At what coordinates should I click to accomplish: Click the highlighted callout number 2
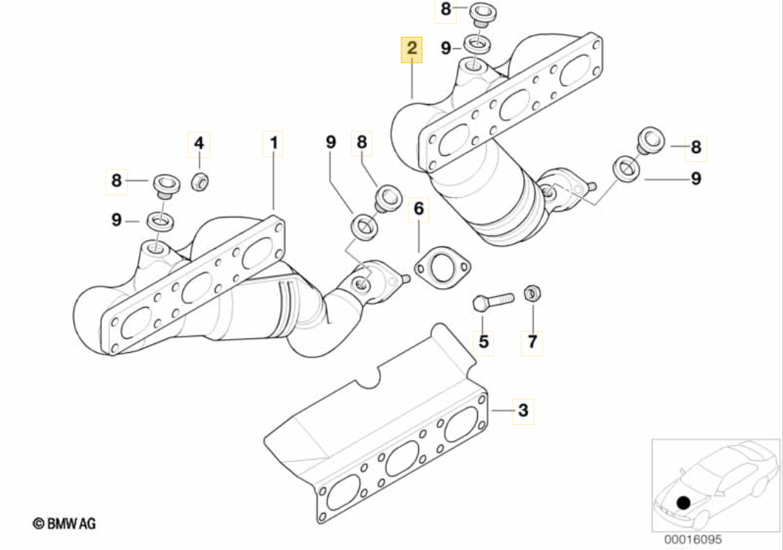pos(412,49)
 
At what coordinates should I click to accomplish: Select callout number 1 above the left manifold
pos(273,143)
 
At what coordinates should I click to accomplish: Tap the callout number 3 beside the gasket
pos(522,412)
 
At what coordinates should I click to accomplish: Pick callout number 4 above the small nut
pos(199,143)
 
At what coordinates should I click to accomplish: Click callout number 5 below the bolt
pos(484,340)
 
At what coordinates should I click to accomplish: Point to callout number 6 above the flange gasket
pos(418,210)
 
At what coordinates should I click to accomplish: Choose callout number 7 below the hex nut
pos(532,340)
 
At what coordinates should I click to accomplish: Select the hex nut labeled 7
pos(532,295)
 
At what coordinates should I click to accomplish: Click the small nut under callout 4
pos(200,181)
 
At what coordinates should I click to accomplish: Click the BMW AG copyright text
pos(64,522)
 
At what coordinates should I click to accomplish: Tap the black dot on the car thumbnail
pos(682,502)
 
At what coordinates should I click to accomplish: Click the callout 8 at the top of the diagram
pos(446,10)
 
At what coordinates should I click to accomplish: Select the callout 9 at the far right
pos(696,178)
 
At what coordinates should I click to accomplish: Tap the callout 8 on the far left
pos(117,180)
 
